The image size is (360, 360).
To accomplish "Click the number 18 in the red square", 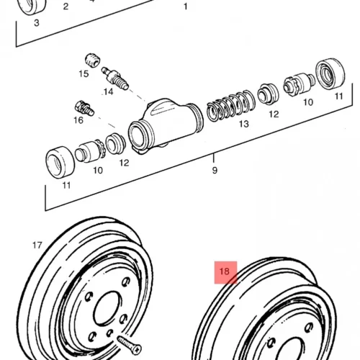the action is point(225,271).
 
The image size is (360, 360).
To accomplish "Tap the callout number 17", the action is point(37,246).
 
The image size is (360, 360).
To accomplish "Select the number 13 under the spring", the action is point(244,124).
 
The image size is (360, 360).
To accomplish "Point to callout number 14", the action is point(109,91).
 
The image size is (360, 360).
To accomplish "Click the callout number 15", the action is point(84,74).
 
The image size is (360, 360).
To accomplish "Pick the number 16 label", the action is point(78,120).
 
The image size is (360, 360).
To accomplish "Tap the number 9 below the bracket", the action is point(215,171).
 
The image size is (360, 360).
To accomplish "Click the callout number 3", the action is point(37,23).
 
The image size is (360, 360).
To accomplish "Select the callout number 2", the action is point(66,6).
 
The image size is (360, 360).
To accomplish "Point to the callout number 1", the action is point(185,6).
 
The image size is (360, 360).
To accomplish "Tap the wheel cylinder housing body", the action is point(166,125).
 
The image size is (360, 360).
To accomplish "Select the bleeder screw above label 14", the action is point(115,78).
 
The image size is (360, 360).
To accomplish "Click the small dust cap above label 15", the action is point(93,60).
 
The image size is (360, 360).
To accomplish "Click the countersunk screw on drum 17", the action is point(129,345).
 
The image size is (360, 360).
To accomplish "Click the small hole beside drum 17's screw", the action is point(109,333).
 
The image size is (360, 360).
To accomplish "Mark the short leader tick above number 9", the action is point(214,158).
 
